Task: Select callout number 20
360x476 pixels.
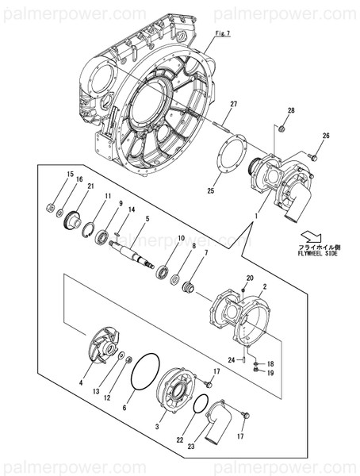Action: (250, 277)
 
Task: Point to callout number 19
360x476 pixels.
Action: (270, 372)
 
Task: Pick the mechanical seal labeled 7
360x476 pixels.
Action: (189, 286)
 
